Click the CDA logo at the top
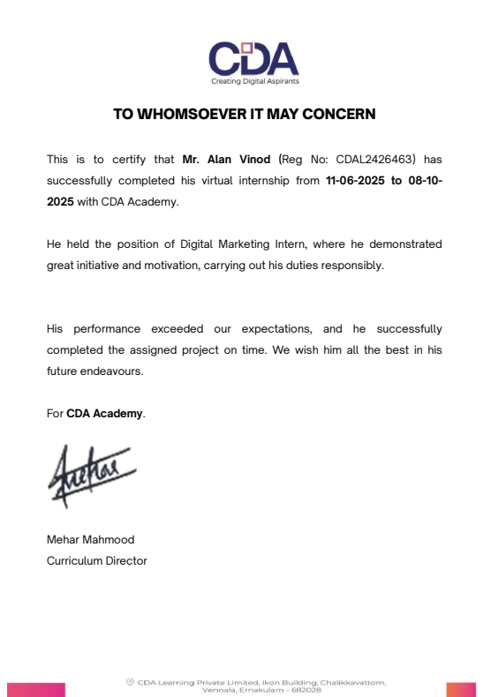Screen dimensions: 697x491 (253, 58)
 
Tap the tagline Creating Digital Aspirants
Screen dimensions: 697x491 (254, 81)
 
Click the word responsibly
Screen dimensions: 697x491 (353, 266)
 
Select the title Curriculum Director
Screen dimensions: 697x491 (96, 561)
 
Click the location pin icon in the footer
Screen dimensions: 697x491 (130, 682)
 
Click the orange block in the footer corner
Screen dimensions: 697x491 (461, 689)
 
